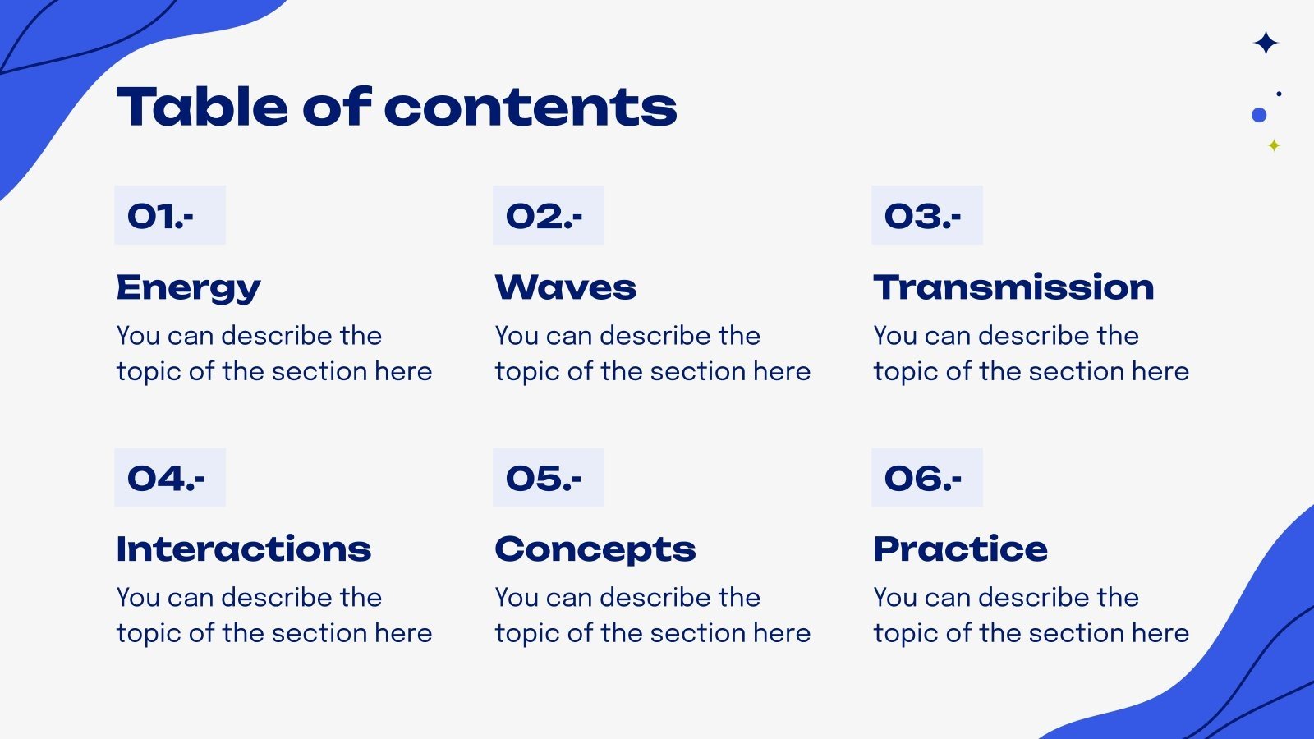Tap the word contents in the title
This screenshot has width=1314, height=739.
pyautogui.click(x=530, y=108)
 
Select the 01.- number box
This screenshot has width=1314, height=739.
pyautogui.click(x=170, y=215)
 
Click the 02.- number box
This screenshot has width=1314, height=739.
pyautogui.click(x=548, y=215)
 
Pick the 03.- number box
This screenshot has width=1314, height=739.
pyautogui.click(x=926, y=215)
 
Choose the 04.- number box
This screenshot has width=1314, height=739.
pyautogui.click(x=170, y=477)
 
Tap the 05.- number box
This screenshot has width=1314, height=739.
pyautogui.click(x=548, y=477)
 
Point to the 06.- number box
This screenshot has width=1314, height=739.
pyautogui.click(x=926, y=477)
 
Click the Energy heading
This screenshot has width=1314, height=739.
pyautogui.click(x=188, y=287)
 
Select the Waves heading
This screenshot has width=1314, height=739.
pyautogui.click(x=565, y=287)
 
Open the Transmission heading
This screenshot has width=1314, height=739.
pyautogui.click(x=1013, y=287)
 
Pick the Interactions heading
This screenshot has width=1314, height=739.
pyautogui.click(x=243, y=549)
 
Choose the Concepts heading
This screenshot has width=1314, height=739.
pyautogui.click(x=595, y=549)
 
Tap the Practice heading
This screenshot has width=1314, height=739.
pyautogui.click(x=960, y=549)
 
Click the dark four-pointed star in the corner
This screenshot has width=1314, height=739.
pyautogui.click(x=1266, y=43)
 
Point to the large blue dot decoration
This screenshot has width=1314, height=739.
pyautogui.click(x=1259, y=115)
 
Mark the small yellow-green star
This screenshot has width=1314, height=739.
pyautogui.click(x=1274, y=145)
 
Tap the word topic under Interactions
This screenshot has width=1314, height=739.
pyautogui.click(x=149, y=634)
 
